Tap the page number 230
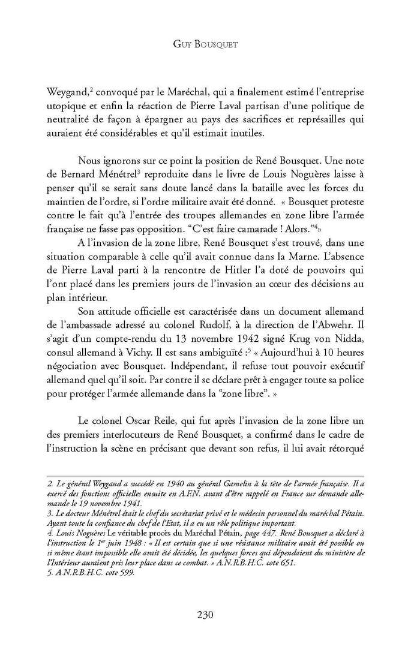[209, 613]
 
